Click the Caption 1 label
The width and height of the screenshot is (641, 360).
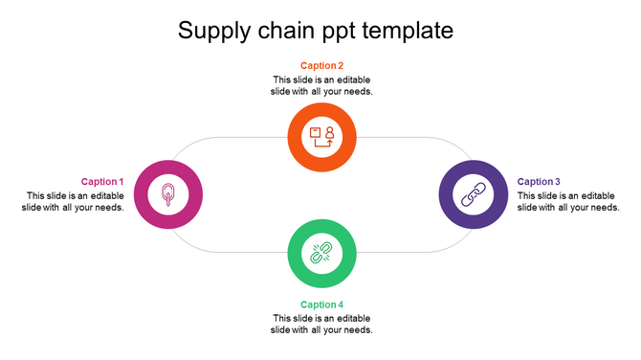pos(102,182)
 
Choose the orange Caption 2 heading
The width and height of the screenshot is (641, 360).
pos(321,66)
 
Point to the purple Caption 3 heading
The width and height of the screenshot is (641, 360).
pos(539,182)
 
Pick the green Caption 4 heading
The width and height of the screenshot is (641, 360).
pos(321,305)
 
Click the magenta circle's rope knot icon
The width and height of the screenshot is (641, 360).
pos(168,195)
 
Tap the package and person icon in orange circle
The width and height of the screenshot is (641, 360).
pos(321,136)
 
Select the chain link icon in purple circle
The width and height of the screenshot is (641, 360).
pos(473,195)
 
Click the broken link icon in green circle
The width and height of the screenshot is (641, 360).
pos(321,254)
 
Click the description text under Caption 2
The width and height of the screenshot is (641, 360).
pos(321,86)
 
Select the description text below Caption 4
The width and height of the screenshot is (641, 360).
pos(321,325)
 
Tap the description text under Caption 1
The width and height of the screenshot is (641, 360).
pos(73,202)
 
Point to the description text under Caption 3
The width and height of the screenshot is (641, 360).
pos(568,202)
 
